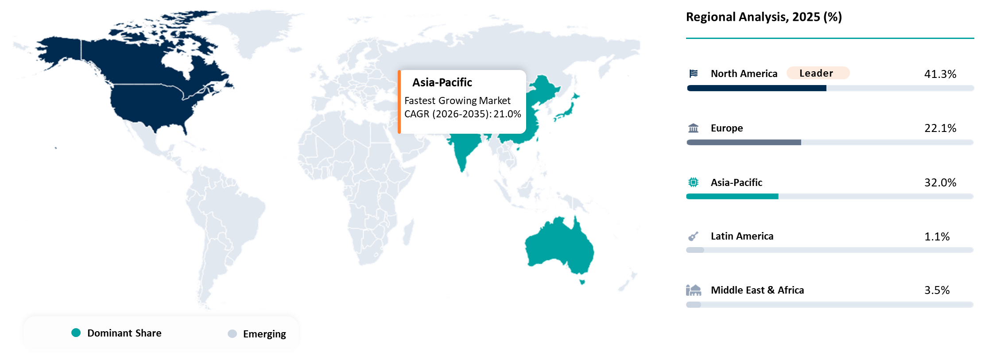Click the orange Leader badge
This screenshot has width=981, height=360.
[818, 73]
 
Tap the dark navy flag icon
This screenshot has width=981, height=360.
[694, 74]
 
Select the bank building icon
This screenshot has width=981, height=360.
[694, 128]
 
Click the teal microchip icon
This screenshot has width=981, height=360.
[694, 182]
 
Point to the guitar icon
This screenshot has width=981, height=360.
[694, 236]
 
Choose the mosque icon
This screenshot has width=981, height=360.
[694, 290]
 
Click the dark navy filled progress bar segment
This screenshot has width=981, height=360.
[756, 88]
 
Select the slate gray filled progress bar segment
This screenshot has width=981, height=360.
[744, 143]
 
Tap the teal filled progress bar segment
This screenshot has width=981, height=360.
[732, 197]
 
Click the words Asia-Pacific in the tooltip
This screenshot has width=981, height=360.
[442, 83]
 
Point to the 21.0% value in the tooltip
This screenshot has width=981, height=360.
[507, 114]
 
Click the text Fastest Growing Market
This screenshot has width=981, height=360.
[458, 101]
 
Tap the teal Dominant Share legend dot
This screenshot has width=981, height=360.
[76, 333]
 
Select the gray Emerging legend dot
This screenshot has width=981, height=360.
[232, 333]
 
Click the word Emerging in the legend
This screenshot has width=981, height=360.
[264, 334]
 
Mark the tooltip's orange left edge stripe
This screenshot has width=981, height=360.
[399, 102]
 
